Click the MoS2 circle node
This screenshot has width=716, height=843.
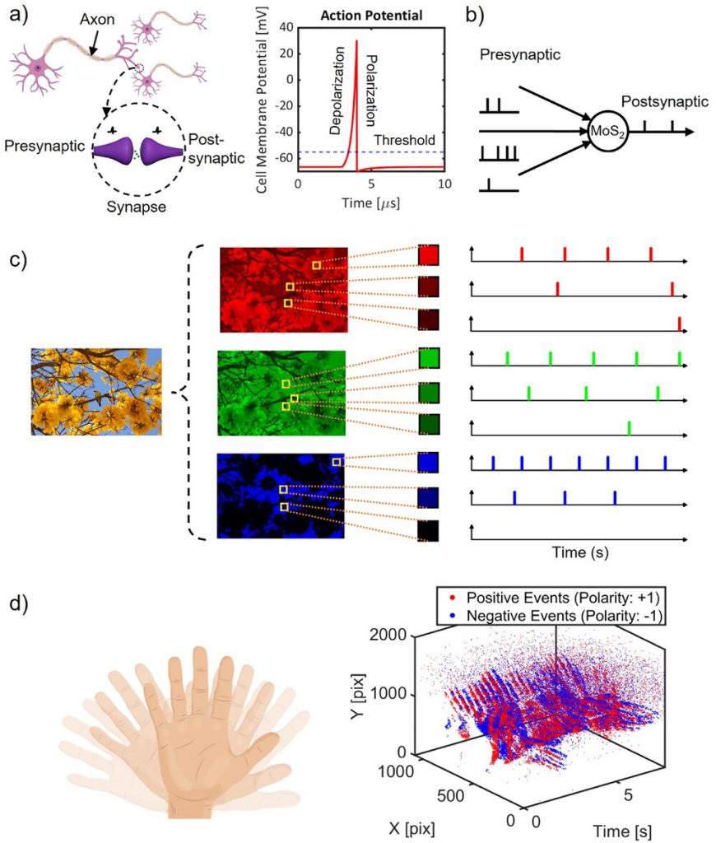click(x=607, y=132)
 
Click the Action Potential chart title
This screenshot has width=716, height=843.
click(x=371, y=16)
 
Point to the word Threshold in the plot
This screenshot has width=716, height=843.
click(x=403, y=141)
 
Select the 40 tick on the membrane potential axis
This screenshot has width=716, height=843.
click(x=287, y=27)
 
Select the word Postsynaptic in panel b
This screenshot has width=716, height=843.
click(x=664, y=100)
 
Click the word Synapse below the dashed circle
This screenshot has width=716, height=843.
click(x=137, y=207)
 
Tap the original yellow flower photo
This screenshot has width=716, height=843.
click(x=95, y=391)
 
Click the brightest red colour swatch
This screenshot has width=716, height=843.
click(x=429, y=256)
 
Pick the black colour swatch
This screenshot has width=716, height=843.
click(x=429, y=530)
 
